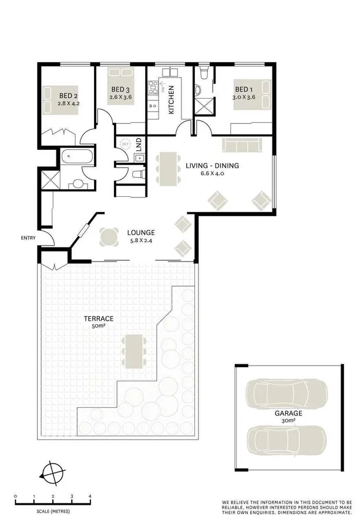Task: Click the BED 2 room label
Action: pos(68,96)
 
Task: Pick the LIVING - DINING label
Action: pos(213,166)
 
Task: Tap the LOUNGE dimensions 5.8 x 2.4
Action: pos(142,240)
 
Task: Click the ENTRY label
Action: pos(28,238)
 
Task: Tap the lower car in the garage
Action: pos(288,437)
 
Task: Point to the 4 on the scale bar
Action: pos(90,497)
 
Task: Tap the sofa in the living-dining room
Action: pos(241,144)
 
